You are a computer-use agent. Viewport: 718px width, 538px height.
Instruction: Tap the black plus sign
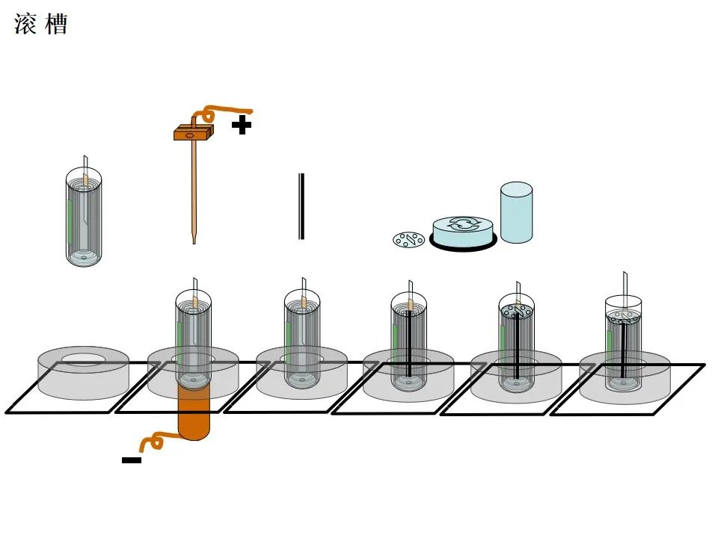coord(241,125)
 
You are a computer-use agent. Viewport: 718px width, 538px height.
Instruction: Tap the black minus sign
coord(132,460)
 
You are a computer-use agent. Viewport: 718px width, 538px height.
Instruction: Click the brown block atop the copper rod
coord(194,134)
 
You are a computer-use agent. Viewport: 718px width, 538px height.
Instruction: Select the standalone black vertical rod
coord(301,206)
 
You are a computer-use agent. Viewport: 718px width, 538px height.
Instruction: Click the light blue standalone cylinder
coord(516,212)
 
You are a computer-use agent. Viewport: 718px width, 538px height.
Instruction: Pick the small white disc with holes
coord(409,239)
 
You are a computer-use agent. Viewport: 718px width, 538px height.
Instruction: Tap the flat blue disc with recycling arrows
coord(464,231)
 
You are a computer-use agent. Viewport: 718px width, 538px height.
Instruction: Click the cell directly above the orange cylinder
coord(194,336)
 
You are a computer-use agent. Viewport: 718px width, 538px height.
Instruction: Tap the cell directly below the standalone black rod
coord(302,336)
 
